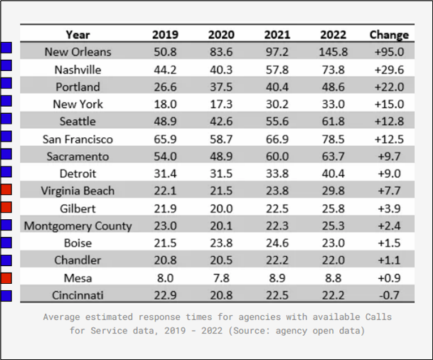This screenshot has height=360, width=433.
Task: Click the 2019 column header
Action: point(165,35)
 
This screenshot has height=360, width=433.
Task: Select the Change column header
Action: point(389,35)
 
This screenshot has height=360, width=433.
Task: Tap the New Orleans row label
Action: point(78,52)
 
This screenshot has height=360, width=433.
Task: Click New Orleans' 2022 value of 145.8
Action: point(333,52)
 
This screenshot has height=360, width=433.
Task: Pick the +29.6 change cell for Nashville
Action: point(389,70)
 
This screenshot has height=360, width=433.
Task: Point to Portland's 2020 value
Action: point(221,87)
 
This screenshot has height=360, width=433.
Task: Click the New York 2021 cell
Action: point(277,104)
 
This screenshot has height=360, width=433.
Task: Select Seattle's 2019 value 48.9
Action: point(165,121)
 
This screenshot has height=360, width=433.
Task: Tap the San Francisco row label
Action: point(77,139)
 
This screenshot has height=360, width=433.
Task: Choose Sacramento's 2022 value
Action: point(333,157)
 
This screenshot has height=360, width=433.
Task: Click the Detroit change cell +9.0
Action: point(389,174)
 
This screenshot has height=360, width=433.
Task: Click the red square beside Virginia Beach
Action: point(6,189)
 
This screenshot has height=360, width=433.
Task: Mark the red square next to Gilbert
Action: point(6,207)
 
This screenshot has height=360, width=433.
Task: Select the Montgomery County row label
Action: point(78,226)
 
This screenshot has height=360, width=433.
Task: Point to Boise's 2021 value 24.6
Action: point(277,243)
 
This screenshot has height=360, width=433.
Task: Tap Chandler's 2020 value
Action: point(221,260)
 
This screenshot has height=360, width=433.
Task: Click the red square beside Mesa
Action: point(6,278)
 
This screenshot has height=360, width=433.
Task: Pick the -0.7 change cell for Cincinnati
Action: point(389,295)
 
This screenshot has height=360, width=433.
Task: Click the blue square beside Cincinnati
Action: point(6,296)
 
